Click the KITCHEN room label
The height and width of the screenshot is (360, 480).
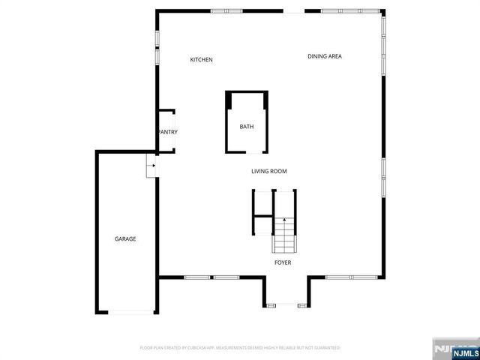pyautogui.click(x=201, y=59)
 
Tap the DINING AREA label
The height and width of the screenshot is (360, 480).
pyautogui.click(x=325, y=56)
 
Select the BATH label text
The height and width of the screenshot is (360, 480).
pyautogui.click(x=247, y=127)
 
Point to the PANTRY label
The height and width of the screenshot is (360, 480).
pyautogui.click(x=167, y=133)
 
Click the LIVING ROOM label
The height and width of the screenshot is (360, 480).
pyautogui.click(x=268, y=171)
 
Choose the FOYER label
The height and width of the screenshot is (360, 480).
pyautogui.click(x=283, y=262)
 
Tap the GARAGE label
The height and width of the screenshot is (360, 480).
pyautogui.click(x=125, y=238)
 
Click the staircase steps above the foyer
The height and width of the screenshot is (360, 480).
pyautogui.click(x=284, y=235)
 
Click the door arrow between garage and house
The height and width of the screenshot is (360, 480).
pyautogui.click(x=151, y=166)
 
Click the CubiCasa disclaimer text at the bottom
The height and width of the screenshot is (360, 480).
pyautogui.click(x=240, y=348)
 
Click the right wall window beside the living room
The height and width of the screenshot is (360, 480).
pyautogui.click(x=384, y=178)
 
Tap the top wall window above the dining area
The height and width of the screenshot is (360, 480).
pyautogui.click(x=342, y=10)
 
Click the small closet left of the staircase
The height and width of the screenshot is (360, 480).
pyautogui.click(x=262, y=203)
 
